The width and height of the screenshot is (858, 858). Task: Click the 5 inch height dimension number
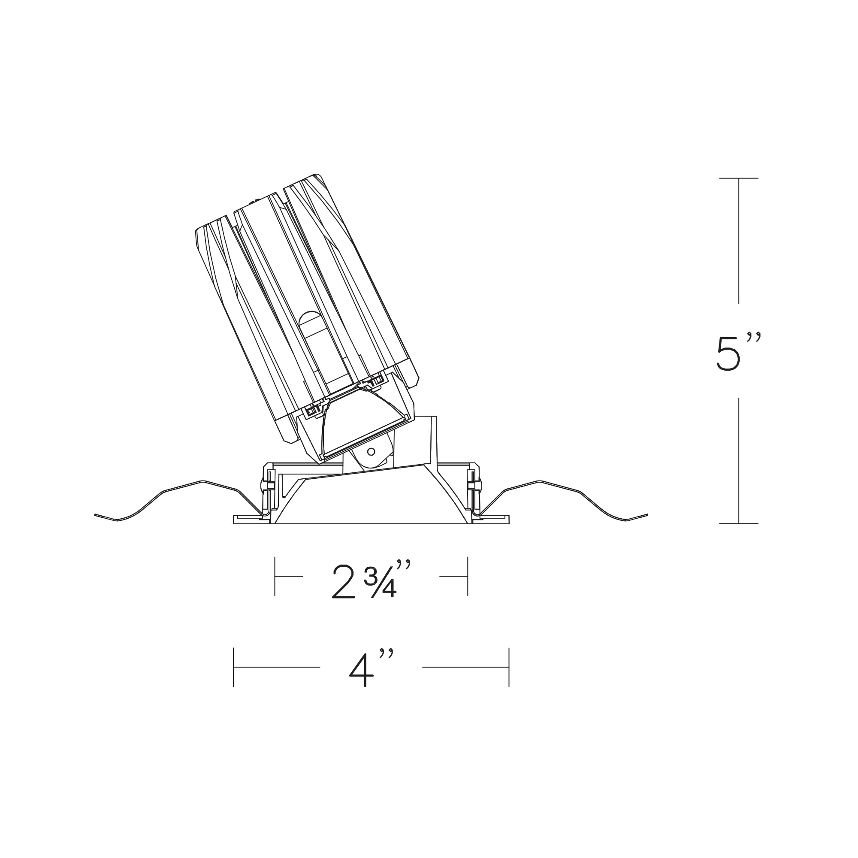click(x=728, y=353)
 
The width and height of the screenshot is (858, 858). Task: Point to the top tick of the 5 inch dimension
click(x=739, y=178)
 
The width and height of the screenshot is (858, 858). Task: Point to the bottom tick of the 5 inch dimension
click(x=739, y=523)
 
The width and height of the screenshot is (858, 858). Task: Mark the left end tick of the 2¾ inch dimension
click(x=275, y=576)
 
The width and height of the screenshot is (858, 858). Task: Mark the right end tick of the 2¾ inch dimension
click(x=468, y=576)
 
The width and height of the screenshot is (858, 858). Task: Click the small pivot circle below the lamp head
click(x=371, y=452)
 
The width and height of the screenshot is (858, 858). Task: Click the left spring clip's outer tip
click(x=96, y=515)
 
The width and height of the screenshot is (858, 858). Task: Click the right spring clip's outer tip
click(x=647, y=515)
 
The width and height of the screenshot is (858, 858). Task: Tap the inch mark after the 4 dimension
click(x=387, y=653)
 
